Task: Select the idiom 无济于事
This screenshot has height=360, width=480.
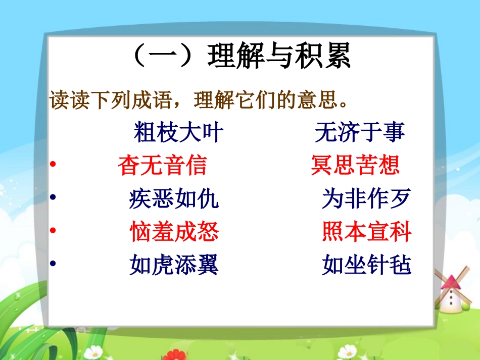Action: point(360,133)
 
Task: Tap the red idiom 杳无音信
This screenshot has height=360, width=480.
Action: point(162,165)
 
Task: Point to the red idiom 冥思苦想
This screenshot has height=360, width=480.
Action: point(355,165)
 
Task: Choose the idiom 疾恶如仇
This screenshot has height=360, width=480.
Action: point(174,199)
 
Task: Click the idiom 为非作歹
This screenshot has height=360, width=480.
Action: point(366,199)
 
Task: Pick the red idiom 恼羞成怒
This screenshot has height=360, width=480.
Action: point(174,232)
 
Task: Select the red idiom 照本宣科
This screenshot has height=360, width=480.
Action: point(366,232)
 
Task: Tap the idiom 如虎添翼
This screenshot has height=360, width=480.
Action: point(174,265)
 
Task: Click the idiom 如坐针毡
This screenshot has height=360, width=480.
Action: point(366,265)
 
